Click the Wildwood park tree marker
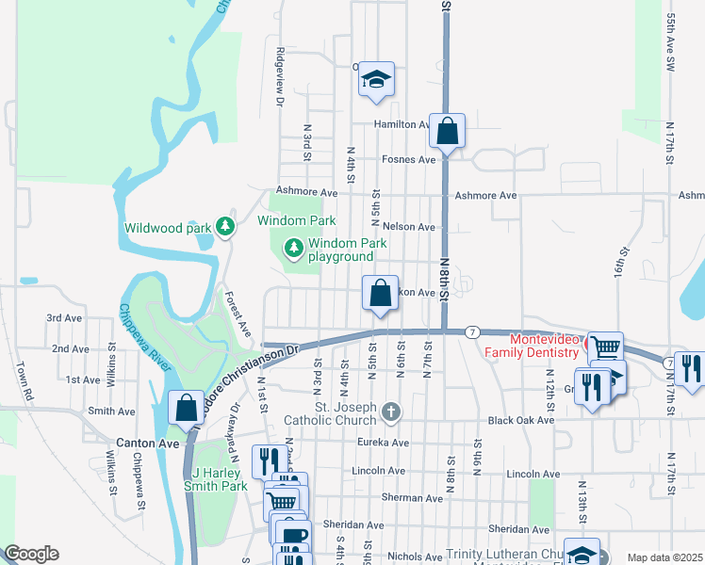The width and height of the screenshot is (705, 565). pyautogui.click(x=224, y=227)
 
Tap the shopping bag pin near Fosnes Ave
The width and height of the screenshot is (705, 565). pyautogui.click(x=448, y=131)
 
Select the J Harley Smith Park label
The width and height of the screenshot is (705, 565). pyautogui.click(x=219, y=479)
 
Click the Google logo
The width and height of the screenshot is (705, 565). pyautogui.click(x=32, y=554)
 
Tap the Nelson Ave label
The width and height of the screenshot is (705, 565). pyautogui.click(x=409, y=227)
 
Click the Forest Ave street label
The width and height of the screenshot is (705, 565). pyautogui.click(x=237, y=315)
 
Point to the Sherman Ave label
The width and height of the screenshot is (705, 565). pyautogui.click(x=412, y=496)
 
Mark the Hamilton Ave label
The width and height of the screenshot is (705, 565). pyautogui.click(x=401, y=124)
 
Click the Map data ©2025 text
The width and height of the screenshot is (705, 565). pyautogui.click(x=664, y=557)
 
